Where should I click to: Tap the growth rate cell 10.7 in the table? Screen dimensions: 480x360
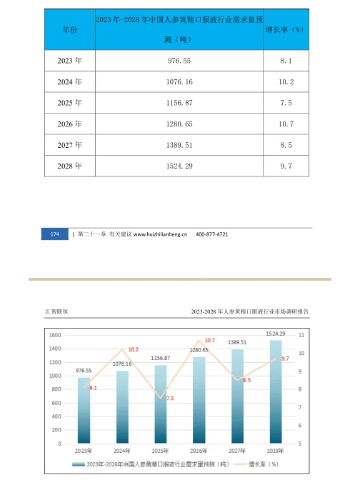[x=286, y=124]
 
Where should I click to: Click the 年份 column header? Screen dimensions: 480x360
[x=69, y=30]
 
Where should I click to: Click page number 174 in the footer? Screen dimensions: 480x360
[x=55, y=235]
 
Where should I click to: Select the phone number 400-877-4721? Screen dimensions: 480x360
[x=212, y=235]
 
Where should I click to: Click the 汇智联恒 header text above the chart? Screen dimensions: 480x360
[x=56, y=311]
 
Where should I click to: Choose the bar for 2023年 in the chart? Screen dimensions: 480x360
[x=84, y=410]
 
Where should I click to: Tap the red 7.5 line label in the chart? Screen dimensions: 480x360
[x=170, y=398]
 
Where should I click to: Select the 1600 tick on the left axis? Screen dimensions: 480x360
[x=55, y=334]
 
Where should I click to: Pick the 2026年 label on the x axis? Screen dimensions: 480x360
[x=199, y=451]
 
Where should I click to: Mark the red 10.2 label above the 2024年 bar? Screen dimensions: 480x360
[x=134, y=349]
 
